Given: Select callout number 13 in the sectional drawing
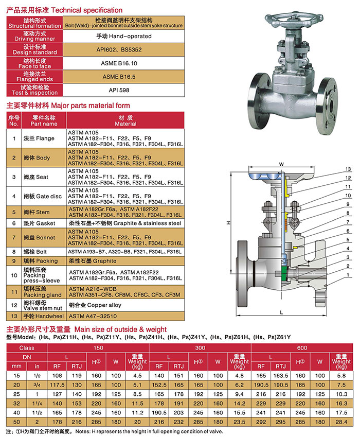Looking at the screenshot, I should point(348,169).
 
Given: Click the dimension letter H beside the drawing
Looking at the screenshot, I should point(227,223).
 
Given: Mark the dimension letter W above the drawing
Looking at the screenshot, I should point(281,165).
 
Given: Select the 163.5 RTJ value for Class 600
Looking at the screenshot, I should point(282,376).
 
